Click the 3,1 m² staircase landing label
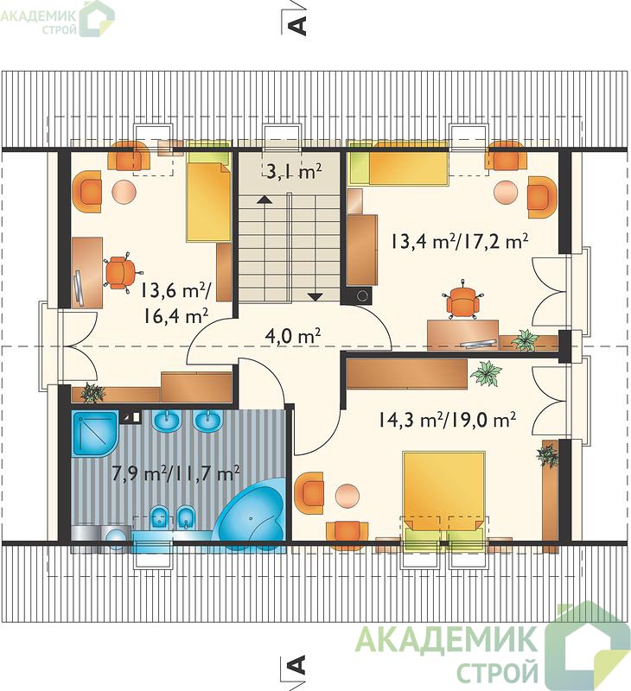pyautogui.click(x=294, y=171)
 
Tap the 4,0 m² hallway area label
pyautogui.click(x=293, y=336)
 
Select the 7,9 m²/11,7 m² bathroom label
pyautogui.click(x=176, y=473)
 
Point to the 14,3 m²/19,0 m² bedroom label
pyautogui.click(x=447, y=419)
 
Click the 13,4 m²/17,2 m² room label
pyautogui.click(x=459, y=241)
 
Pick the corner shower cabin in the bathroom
pyautogui.click(x=94, y=434)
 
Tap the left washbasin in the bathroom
pyautogui.click(x=167, y=422)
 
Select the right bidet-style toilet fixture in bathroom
pyautogui.click(x=186, y=517)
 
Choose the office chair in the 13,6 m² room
pyautogui.click(x=119, y=273)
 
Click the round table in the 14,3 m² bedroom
pyautogui.click(x=347, y=495)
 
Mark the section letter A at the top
pyautogui.click(x=297, y=25)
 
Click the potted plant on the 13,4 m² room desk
pyautogui.click(x=525, y=339)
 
